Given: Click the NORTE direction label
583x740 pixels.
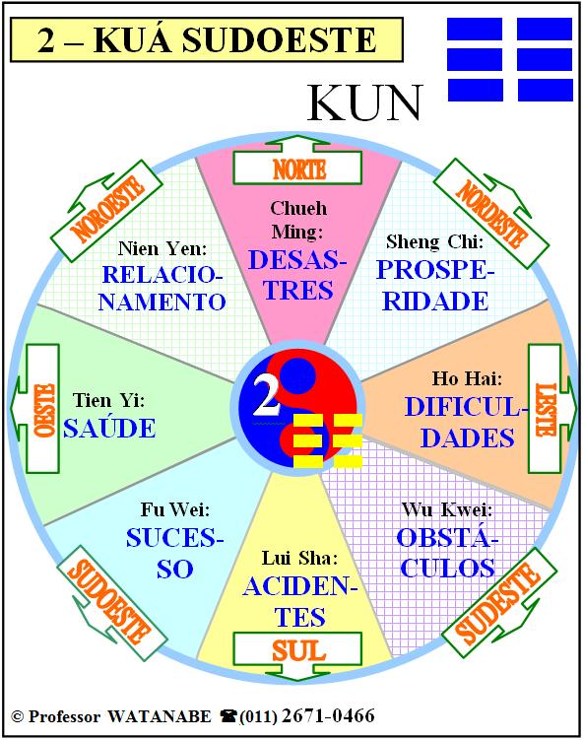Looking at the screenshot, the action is (299, 168).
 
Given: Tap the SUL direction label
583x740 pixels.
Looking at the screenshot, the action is (299, 650).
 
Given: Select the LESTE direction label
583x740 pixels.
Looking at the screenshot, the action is (547, 409).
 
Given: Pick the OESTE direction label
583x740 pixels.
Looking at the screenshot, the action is (45, 409).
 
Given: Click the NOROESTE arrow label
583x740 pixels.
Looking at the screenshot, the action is (108, 209).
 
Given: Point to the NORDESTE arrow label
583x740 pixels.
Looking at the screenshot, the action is (491, 214).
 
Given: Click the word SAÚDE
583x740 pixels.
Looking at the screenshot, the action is (109, 428).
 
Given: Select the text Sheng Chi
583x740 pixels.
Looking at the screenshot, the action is (435, 241).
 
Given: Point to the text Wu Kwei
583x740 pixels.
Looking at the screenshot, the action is (447, 509).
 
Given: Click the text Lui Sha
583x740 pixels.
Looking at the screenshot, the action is (300, 559).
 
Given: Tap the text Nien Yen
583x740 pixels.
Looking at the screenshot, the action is (162, 248).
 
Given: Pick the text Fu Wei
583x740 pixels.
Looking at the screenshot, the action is (175, 509).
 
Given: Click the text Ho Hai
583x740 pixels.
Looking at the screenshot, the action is (467, 378).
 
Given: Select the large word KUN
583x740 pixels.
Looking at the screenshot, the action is (364, 102).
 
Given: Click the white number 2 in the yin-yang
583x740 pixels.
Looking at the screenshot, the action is (266, 397).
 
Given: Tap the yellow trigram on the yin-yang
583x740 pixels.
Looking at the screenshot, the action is (328, 440).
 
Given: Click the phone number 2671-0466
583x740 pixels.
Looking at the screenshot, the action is (328, 715).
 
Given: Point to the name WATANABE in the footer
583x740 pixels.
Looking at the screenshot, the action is (160, 716).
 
